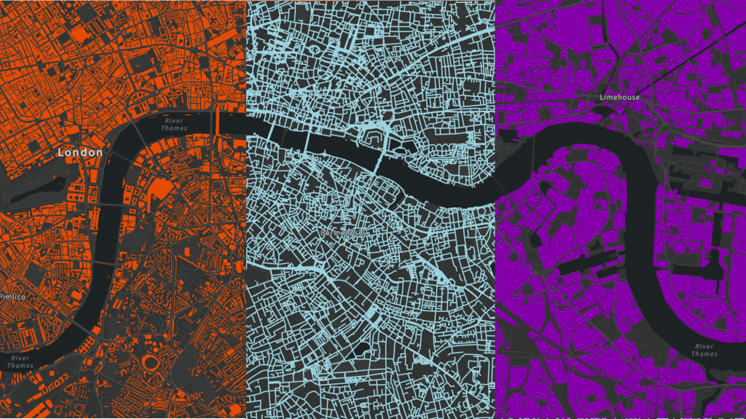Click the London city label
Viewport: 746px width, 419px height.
(x=80, y=152)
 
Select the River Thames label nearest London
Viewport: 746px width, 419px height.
(x=173, y=124)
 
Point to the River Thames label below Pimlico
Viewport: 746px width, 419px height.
(x=20, y=361)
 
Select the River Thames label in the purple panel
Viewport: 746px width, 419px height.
(x=704, y=350)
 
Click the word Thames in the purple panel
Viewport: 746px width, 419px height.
(x=704, y=354)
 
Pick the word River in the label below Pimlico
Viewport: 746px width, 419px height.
(x=20, y=357)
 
